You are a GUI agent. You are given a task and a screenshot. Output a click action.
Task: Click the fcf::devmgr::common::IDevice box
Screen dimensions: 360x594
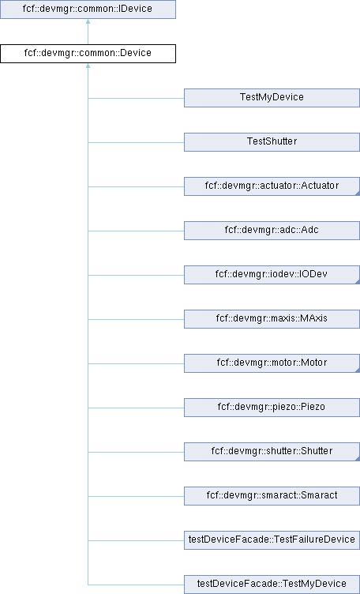(x=88, y=9)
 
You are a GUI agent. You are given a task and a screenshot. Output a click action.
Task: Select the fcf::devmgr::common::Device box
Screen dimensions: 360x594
(x=88, y=54)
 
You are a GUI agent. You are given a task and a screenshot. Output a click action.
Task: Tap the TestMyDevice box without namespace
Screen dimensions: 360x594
(x=272, y=98)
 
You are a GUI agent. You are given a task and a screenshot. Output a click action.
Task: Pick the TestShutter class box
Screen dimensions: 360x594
(x=272, y=142)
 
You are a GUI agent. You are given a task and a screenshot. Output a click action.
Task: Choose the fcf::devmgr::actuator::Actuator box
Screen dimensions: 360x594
(x=272, y=186)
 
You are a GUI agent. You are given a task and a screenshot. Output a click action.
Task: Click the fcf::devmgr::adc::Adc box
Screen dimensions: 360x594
(x=272, y=231)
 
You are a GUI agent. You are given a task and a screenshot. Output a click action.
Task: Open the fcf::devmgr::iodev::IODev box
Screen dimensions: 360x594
(x=272, y=275)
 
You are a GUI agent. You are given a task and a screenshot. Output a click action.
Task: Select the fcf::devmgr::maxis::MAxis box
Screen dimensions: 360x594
(x=272, y=319)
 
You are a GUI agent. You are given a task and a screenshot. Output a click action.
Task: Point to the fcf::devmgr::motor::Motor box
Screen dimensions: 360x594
(x=272, y=363)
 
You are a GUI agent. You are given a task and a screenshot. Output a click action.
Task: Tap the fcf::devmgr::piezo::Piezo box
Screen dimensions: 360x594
(x=272, y=408)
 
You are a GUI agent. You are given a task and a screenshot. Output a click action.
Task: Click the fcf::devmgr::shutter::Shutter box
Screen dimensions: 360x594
(x=272, y=452)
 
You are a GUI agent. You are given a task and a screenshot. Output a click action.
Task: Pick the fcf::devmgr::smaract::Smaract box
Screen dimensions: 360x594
(x=272, y=496)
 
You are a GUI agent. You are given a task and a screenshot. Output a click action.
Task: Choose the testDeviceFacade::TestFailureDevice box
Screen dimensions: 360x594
(x=272, y=540)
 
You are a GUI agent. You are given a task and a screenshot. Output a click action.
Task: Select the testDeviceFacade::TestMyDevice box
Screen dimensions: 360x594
(x=272, y=585)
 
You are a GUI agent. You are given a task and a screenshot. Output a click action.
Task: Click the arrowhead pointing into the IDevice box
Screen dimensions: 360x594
(x=88, y=21)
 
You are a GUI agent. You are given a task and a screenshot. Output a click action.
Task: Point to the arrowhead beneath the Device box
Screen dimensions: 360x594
(x=88, y=66)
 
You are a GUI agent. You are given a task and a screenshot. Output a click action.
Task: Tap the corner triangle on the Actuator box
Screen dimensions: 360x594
(x=358, y=194)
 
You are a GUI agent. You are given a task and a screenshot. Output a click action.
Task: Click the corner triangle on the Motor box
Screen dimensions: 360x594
(x=358, y=370)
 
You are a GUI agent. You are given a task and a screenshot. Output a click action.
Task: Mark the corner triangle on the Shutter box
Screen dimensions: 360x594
(x=358, y=459)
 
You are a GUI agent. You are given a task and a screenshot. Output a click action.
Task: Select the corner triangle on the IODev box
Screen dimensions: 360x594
(x=358, y=282)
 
